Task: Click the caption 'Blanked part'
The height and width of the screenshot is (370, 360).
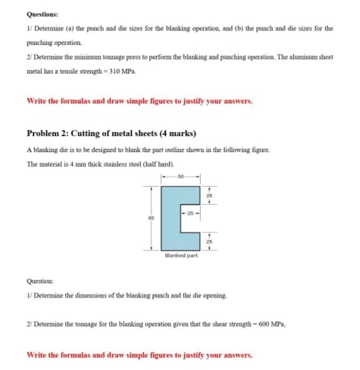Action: coord(181,256)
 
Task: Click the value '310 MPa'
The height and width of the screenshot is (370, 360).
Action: coord(123,72)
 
